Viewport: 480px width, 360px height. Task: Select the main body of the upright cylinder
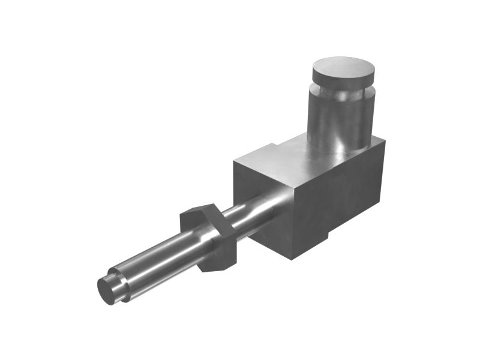point(339,120)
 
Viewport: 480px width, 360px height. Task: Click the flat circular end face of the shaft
point(106,290)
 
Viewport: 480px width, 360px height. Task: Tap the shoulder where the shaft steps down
point(120,282)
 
